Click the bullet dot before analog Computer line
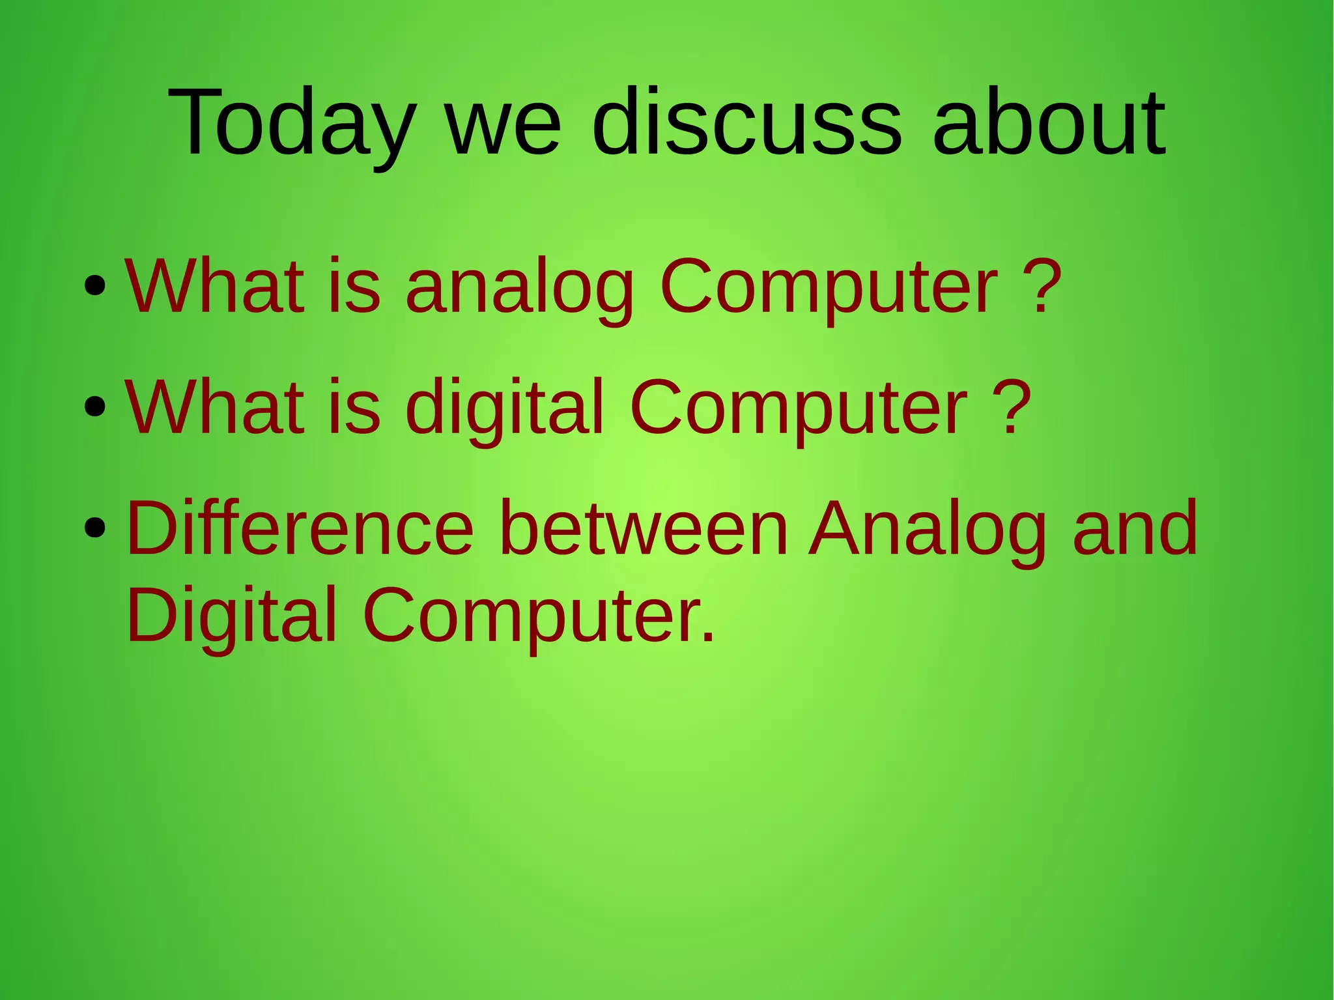coord(95,286)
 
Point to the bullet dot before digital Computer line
coord(95,407)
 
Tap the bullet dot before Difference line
coord(95,528)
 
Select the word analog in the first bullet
coord(520,287)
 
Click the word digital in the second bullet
coord(505,407)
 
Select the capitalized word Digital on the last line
coord(232,616)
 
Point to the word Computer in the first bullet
coord(829,287)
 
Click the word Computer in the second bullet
coord(799,408)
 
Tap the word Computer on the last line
coord(538,616)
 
